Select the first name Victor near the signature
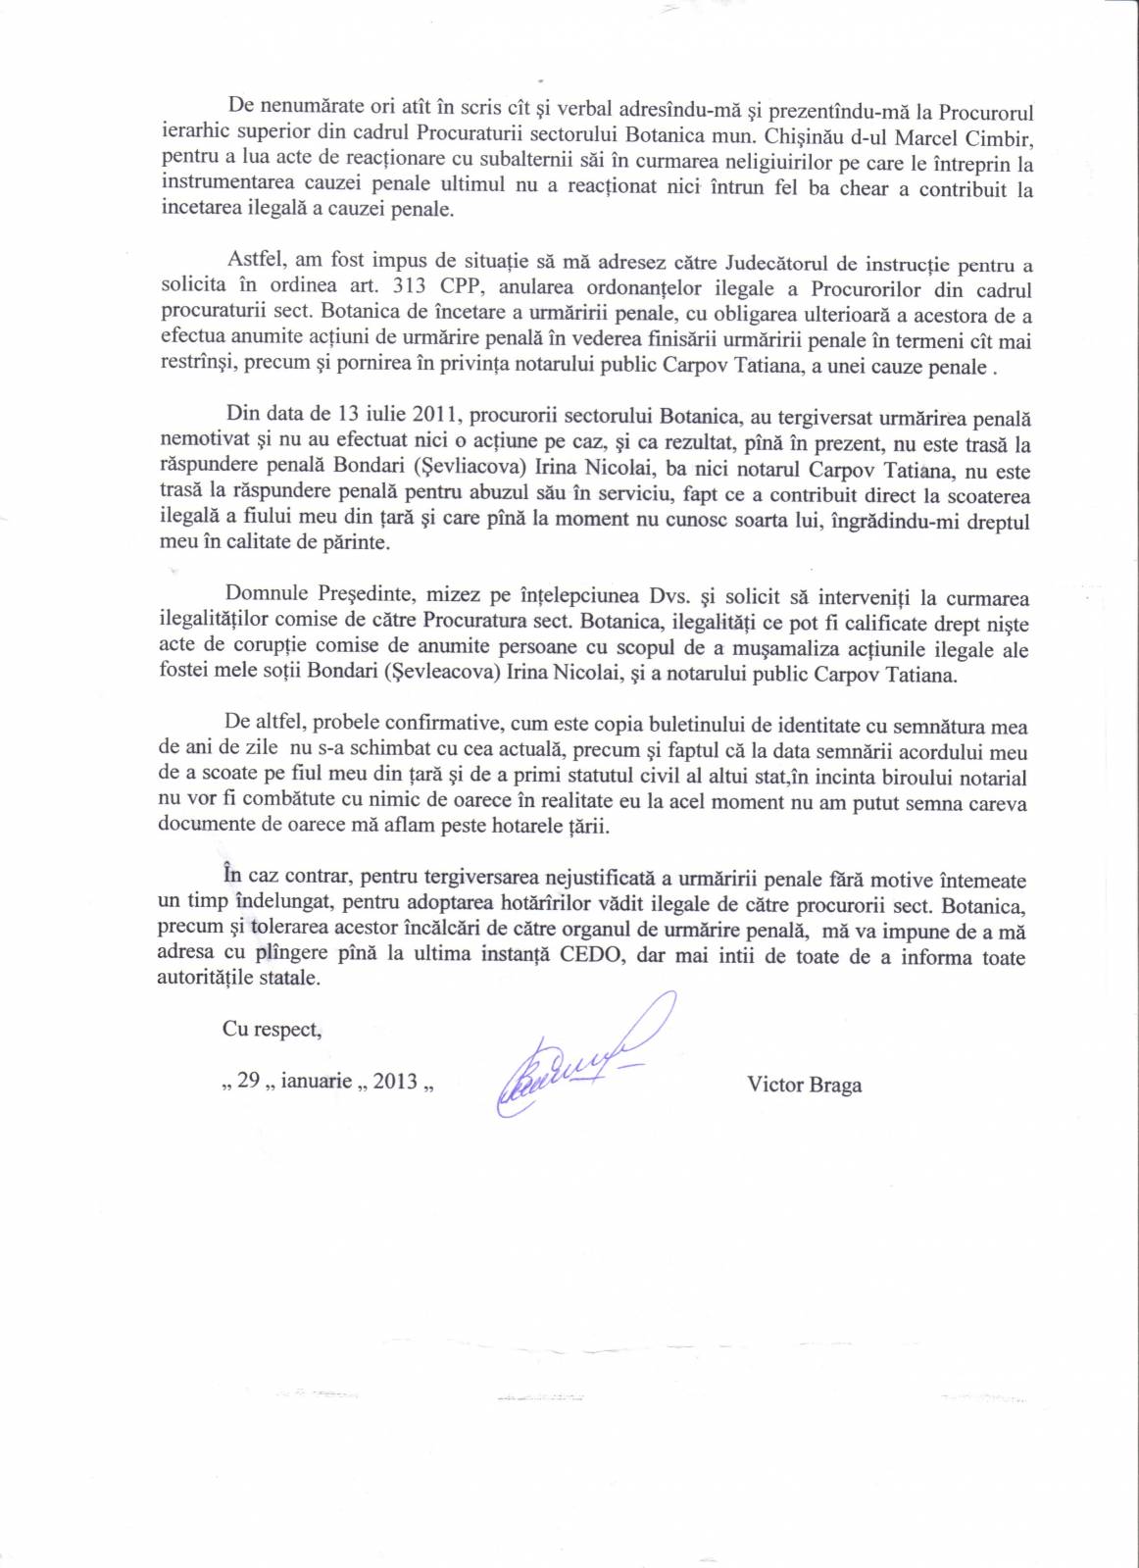click(775, 1085)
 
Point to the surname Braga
click(835, 1085)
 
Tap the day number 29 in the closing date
click(249, 1081)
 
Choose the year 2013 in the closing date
click(395, 1082)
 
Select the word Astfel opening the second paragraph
click(255, 265)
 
